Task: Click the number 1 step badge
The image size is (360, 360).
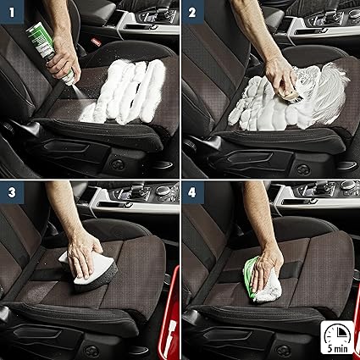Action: pos(12,12)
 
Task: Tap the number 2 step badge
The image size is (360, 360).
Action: pos(192,12)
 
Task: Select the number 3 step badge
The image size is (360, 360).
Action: pos(12,192)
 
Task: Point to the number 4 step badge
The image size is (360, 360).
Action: pos(192,192)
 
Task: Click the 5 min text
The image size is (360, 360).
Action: pos(338,348)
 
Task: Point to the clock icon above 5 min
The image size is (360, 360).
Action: pos(338,333)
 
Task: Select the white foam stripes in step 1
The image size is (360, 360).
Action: pos(125,91)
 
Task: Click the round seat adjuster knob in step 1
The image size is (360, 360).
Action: pos(119,164)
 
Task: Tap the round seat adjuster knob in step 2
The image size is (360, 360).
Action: pos(303,169)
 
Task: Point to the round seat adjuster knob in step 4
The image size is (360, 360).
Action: pos(283,351)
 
